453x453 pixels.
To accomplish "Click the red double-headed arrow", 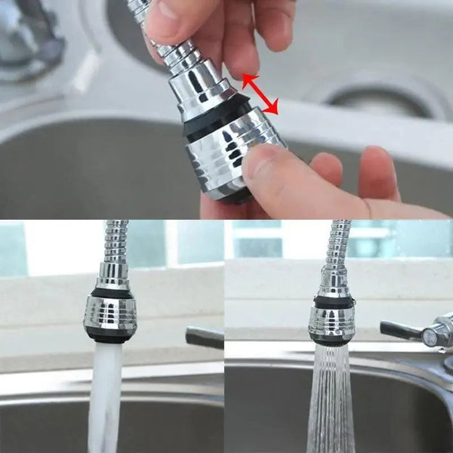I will pyautogui.click(x=260, y=94).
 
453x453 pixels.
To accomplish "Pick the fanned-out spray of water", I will pyautogui.click(x=330, y=400).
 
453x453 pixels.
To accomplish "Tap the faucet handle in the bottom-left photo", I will pyautogui.click(x=204, y=337).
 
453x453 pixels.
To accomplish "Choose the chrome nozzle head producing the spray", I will pyautogui.click(x=329, y=321).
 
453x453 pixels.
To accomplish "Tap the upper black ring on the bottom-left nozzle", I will pyautogui.click(x=111, y=291).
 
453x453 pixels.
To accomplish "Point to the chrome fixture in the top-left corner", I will pyautogui.click(x=30, y=38).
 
